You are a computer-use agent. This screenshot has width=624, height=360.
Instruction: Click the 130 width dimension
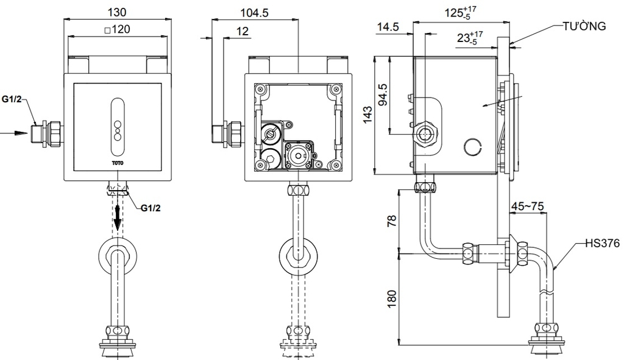tap(117, 12)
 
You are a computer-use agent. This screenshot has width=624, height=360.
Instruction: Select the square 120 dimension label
tap(117, 29)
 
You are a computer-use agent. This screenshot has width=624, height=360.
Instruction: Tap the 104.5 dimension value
tap(254, 13)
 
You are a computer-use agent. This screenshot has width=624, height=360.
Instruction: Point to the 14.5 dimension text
tap(388, 27)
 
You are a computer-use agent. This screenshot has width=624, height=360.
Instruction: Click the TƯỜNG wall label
tap(584, 26)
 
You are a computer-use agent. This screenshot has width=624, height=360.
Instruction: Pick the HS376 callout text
tap(603, 243)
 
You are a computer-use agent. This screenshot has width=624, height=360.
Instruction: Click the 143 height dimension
tap(367, 115)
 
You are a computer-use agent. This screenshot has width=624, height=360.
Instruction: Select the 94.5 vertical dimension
tap(383, 94)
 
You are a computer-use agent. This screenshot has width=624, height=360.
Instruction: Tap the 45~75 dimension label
tap(527, 206)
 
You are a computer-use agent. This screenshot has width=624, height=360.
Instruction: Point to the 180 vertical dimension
tap(392, 298)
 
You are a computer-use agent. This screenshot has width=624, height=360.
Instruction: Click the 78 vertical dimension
tap(392, 221)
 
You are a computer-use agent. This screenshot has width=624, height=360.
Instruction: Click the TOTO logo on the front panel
tap(118, 163)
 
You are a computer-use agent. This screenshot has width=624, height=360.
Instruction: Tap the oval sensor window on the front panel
tap(118, 127)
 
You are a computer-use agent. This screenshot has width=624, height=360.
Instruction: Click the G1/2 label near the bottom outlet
tap(151, 208)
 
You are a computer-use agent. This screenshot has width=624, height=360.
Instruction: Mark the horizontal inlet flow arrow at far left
tap(15, 133)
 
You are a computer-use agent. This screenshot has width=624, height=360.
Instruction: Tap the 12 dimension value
tap(243, 31)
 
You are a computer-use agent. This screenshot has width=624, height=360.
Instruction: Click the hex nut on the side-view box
tap(425, 135)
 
